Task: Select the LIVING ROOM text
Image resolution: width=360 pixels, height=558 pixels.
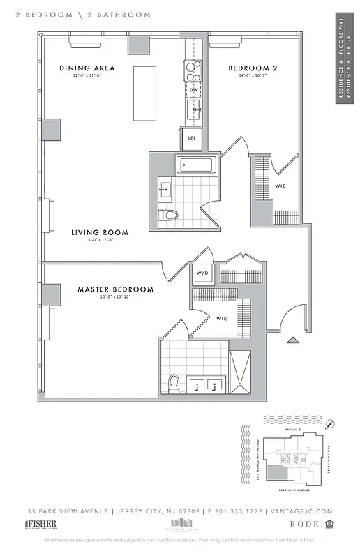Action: tap(97, 232)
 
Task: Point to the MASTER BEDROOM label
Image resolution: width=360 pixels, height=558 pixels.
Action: tap(115, 289)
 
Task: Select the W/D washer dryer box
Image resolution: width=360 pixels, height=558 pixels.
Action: tap(203, 273)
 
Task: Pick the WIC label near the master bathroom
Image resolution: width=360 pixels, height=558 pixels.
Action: tap(221, 319)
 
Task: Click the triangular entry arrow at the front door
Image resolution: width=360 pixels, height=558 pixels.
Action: tap(293, 340)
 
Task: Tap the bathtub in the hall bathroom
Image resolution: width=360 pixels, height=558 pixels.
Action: tap(199, 165)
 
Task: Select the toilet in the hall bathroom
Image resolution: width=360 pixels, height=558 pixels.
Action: tap(169, 214)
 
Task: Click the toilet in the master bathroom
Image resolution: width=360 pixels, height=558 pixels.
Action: tap(174, 383)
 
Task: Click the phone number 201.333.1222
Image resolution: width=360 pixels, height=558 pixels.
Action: tap(237, 511)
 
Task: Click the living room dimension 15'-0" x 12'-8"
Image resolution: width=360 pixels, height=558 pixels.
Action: tap(97, 241)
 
